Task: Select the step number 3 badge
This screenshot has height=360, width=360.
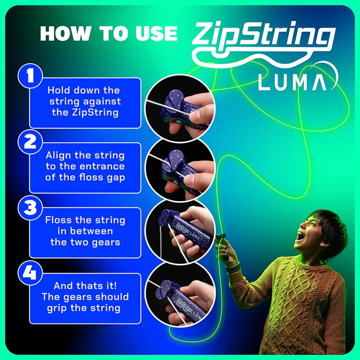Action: (x=30, y=208)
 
